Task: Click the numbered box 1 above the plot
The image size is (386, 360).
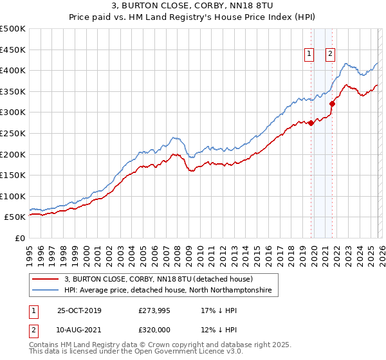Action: (309, 55)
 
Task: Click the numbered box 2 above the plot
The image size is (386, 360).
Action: (330, 55)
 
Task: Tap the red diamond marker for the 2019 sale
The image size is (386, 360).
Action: (311, 123)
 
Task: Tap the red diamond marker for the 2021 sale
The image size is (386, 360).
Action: (333, 104)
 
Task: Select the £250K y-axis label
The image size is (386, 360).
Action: (13, 133)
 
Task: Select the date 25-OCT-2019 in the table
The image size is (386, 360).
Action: (78, 310)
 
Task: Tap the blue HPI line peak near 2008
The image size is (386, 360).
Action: (174, 138)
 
